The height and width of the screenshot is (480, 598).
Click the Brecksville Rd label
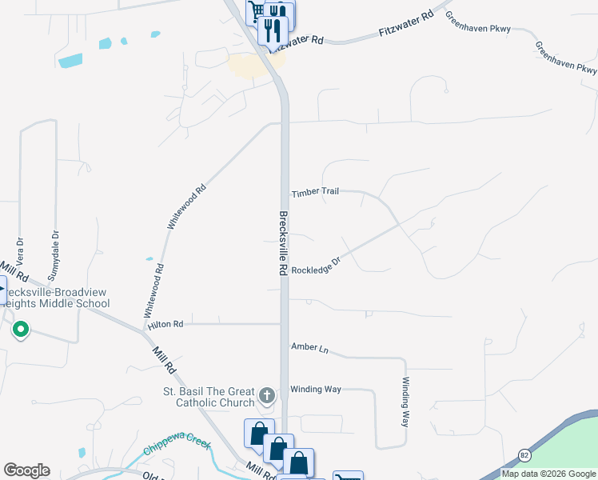pyautogui.click(x=283, y=243)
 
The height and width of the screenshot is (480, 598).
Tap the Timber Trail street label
pyautogui.click(x=316, y=193)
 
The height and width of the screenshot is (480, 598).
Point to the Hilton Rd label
pyautogui.click(x=165, y=324)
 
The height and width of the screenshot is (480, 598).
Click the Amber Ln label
pyautogui.click(x=310, y=347)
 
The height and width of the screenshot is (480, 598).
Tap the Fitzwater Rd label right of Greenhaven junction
pyautogui.click(x=407, y=23)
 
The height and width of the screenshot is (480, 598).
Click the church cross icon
pyautogui.click(x=267, y=395)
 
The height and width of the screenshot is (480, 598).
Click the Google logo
pyautogui.click(x=26, y=470)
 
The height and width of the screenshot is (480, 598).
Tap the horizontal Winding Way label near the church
pyautogui.click(x=316, y=389)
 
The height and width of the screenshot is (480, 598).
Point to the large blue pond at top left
pyautogui.click(x=70, y=60)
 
